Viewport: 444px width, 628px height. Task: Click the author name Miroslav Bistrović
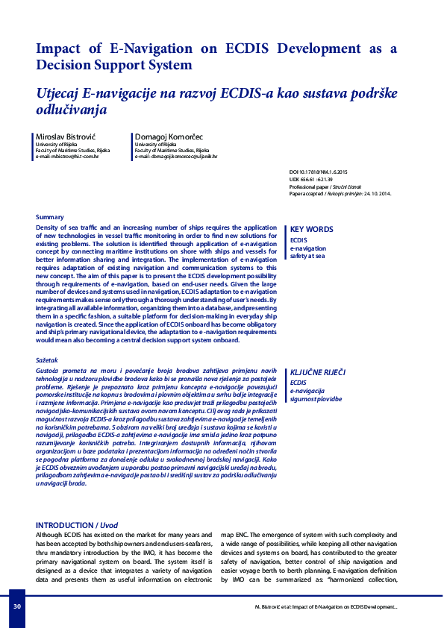pyautogui.click(x=65, y=137)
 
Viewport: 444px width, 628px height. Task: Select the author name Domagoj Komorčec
pyautogui.click(x=169, y=137)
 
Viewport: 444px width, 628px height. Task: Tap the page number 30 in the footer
pyautogui.click(x=16, y=606)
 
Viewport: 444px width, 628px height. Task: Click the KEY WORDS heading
pyautogui.click(x=311, y=230)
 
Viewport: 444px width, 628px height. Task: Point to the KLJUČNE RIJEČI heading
pyautogui.click(x=318, y=371)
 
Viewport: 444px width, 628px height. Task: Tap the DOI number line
pyautogui.click(x=323, y=172)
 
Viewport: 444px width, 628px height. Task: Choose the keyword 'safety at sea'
pyautogui.click(x=308, y=256)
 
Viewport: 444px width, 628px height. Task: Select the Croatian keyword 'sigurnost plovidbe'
pyautogui.click(x=316, y=398)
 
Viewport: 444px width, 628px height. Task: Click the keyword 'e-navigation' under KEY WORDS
pyautogui.click(x=307, y=248)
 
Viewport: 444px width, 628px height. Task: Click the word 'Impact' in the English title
pyautogui.click(x=60, y=49)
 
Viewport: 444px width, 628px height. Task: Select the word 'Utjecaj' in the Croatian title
pyautogui.click(x=60, y=93)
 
